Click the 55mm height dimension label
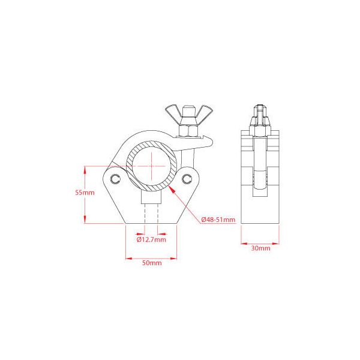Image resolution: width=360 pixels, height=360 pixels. (85, 193)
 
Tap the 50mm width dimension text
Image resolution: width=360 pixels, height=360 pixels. (151, 263)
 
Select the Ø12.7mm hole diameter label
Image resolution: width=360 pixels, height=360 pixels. (151, 239)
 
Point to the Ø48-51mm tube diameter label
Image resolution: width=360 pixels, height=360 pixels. (218, 220)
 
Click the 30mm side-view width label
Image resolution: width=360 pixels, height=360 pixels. (260, 247)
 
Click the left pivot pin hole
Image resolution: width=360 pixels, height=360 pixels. (115, 178)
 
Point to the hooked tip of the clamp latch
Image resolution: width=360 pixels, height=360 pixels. (211, 141)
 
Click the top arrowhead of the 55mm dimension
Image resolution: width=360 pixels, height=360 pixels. (85, 167)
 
